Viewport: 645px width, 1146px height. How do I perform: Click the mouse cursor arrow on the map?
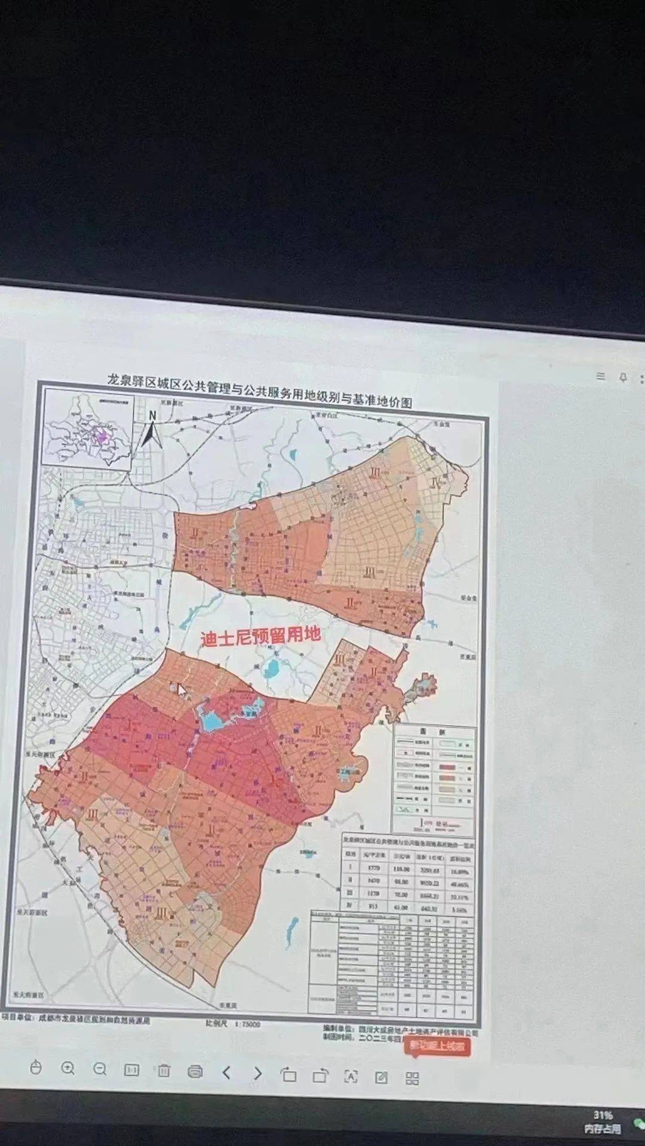pyautogui.click(x=182, y=690)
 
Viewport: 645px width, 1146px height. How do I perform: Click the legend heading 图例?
pyautogui.click(x=435, y=732)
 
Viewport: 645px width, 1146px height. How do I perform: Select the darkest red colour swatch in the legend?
pyautogui.click(x=447, y=767)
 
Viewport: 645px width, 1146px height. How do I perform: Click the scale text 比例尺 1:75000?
pyautogui.click(x=233, y=1024)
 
